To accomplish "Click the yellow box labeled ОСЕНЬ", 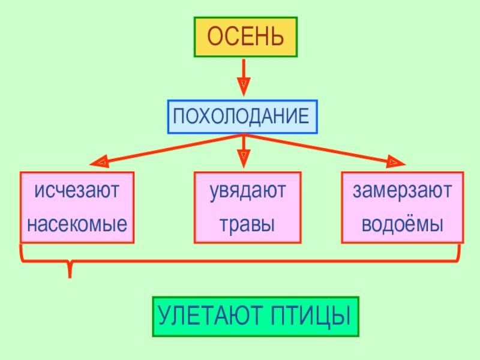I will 245,37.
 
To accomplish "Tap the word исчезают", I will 77,192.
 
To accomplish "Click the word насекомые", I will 77,225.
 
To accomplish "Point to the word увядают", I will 248,192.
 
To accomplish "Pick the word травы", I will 247,225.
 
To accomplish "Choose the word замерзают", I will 402,192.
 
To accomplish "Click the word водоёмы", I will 402,225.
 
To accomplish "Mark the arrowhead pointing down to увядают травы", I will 244,160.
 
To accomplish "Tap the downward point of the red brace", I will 70,274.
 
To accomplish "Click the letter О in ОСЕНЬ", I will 215,37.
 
